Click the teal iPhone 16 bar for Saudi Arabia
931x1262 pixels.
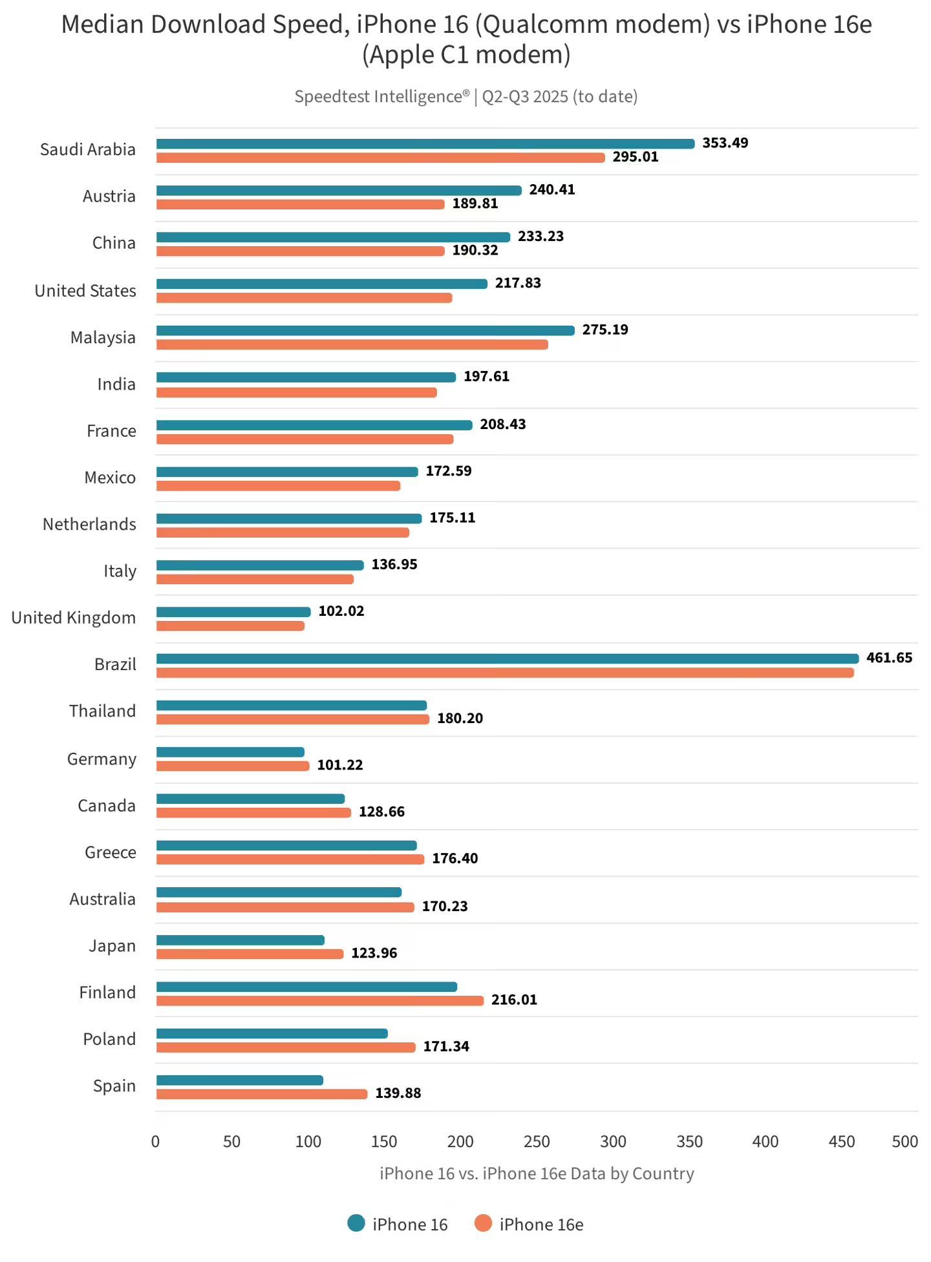(x=425, y=143)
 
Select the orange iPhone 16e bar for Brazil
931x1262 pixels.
(x=504, y=673)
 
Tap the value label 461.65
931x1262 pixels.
(x=889, y=658)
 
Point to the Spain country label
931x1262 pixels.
(x=114, y=1086)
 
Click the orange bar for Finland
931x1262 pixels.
(x=319, y=1000)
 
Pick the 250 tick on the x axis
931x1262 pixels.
(x=537, y=1142)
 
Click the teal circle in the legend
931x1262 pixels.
(x=356, y=1223)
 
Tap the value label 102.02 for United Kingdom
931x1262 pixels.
(x=341, y=611)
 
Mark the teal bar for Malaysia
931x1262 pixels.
(x=365, y=330)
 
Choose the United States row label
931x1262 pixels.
(x=85, y=291)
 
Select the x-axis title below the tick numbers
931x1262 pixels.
(x=537, y=1173)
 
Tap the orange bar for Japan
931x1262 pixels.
(x=250, y=954)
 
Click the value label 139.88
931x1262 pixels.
(x=398, y=1093)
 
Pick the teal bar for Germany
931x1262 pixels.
(x=230, y=752)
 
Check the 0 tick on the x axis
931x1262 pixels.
(x=155, y=1142)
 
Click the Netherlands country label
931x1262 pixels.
(x=89, y=524)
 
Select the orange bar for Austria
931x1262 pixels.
(x=300, y=204)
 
